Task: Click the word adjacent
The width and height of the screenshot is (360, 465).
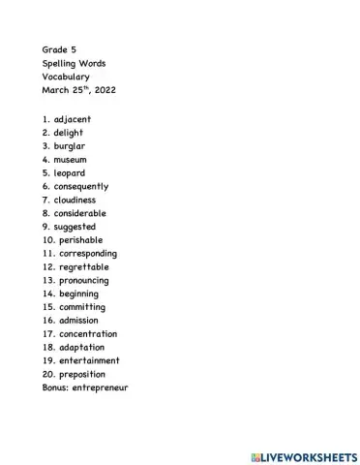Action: [73, 119]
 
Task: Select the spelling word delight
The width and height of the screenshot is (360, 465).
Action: [70, 133]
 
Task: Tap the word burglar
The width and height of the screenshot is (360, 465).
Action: [71, 146]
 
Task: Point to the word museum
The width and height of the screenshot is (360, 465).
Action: [72, 160]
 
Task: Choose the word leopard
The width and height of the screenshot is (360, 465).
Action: [70, 173]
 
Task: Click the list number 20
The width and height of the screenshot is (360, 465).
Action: [47, 374]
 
